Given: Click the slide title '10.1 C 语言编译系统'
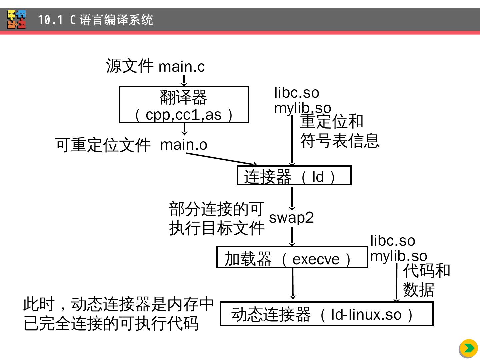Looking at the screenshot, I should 95,20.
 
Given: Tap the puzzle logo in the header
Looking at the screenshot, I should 17,20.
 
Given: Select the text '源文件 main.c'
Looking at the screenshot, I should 155,66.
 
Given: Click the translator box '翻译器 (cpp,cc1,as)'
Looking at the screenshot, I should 184,105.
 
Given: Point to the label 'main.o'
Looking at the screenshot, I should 184,145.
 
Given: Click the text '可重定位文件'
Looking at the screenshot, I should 103,145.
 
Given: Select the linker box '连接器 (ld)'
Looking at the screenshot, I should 294,176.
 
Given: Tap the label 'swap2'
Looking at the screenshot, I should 291,218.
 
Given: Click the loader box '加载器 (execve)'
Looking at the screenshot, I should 292,257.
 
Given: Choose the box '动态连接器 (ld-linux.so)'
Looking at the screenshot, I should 326,314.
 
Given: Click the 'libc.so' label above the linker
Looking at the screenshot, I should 297,93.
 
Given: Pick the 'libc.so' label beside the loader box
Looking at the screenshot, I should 393,241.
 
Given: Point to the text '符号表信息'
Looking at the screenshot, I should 340,141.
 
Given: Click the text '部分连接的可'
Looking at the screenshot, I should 217,209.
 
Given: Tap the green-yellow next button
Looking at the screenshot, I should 468,348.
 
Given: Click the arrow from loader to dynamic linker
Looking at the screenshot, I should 293,283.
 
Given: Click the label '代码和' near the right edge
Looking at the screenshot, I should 426,271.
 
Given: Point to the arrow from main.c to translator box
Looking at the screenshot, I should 184,81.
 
